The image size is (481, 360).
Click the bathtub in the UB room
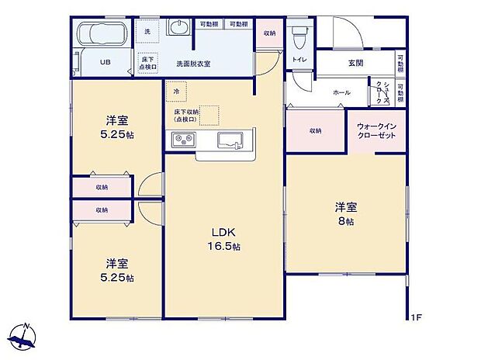103,35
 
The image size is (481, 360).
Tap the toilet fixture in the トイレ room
299,36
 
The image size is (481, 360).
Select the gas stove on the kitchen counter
185,140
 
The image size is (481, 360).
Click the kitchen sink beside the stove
231,140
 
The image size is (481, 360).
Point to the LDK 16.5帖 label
225,239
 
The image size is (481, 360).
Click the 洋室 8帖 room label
345,213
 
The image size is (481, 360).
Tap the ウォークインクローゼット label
376,130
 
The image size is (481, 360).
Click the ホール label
341,92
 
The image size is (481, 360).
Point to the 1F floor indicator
416,317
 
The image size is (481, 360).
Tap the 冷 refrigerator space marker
176,91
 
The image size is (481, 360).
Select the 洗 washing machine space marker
147,30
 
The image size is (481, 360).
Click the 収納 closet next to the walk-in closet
316,130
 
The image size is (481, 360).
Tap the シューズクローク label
380,92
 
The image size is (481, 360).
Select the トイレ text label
298,60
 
